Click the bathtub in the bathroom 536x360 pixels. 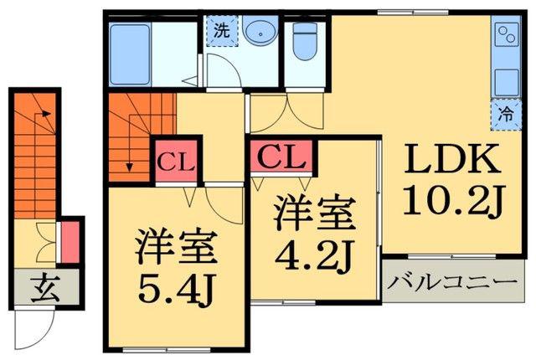[x=130, y=54]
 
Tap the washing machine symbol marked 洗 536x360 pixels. [x=222, y=31]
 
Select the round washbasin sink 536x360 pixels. [x=260, y=30]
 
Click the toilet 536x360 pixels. [x=305, y=42]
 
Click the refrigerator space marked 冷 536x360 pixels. [x=506, y=115]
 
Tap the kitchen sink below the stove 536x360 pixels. [x=506, y=82]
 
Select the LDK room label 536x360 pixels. [x=451, y=159]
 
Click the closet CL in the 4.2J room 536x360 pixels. [x=281, y=156]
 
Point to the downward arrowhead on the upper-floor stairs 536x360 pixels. [x=129, y=167]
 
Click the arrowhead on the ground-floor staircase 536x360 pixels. [x=46, y=113]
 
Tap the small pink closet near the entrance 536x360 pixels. [x=70, y=241]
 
